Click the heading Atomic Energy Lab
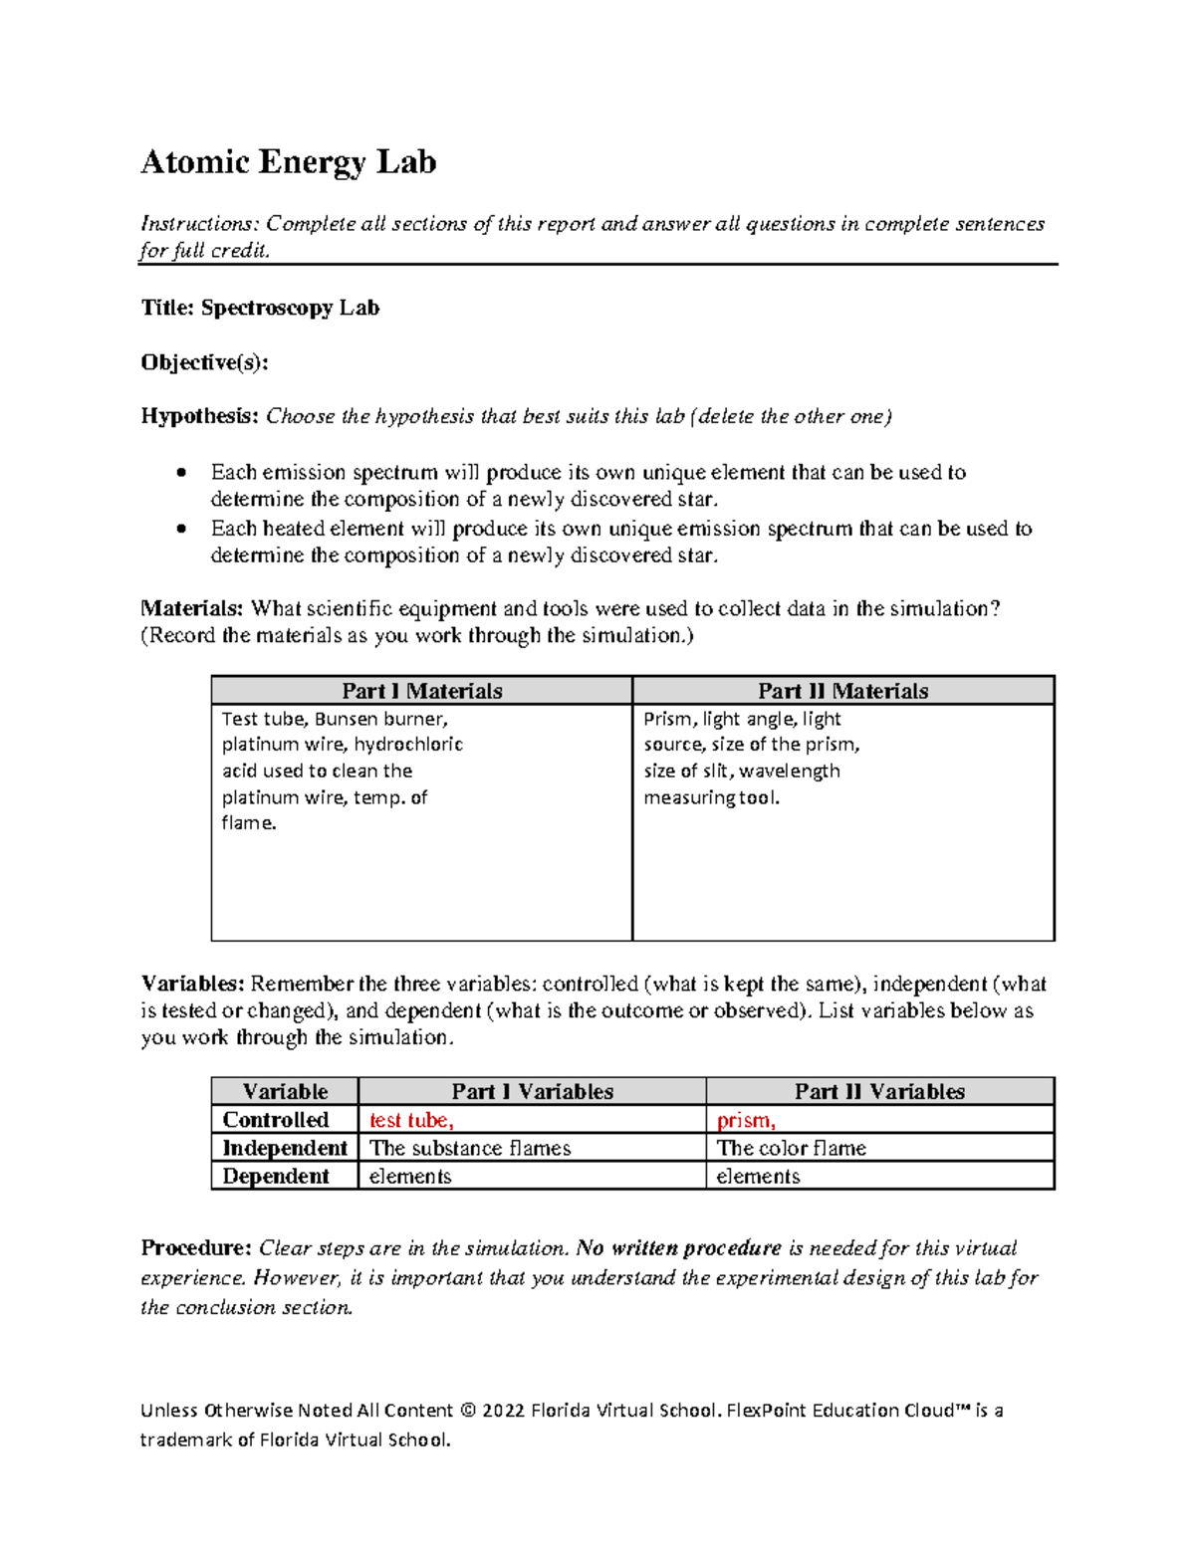tap(288, 162)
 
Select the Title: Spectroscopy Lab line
tap(260, 308)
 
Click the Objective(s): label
tap(204, 362)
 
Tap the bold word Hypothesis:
tap(199, 416)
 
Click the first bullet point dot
tap(181, 472)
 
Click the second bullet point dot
tap(181, 529)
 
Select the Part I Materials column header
tap(421, 691)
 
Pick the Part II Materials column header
tap(842, 691)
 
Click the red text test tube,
tap(411, 1120)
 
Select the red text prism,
tap(746, 1120)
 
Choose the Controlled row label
tap(276, 1120)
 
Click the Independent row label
tap(285, 1148)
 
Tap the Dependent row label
tap(276, 1176)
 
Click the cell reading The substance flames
tap(470, 1148)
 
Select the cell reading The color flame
tap(792, 1148)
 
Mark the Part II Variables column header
tap(879, 1091)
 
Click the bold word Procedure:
tap(195, 1248)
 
